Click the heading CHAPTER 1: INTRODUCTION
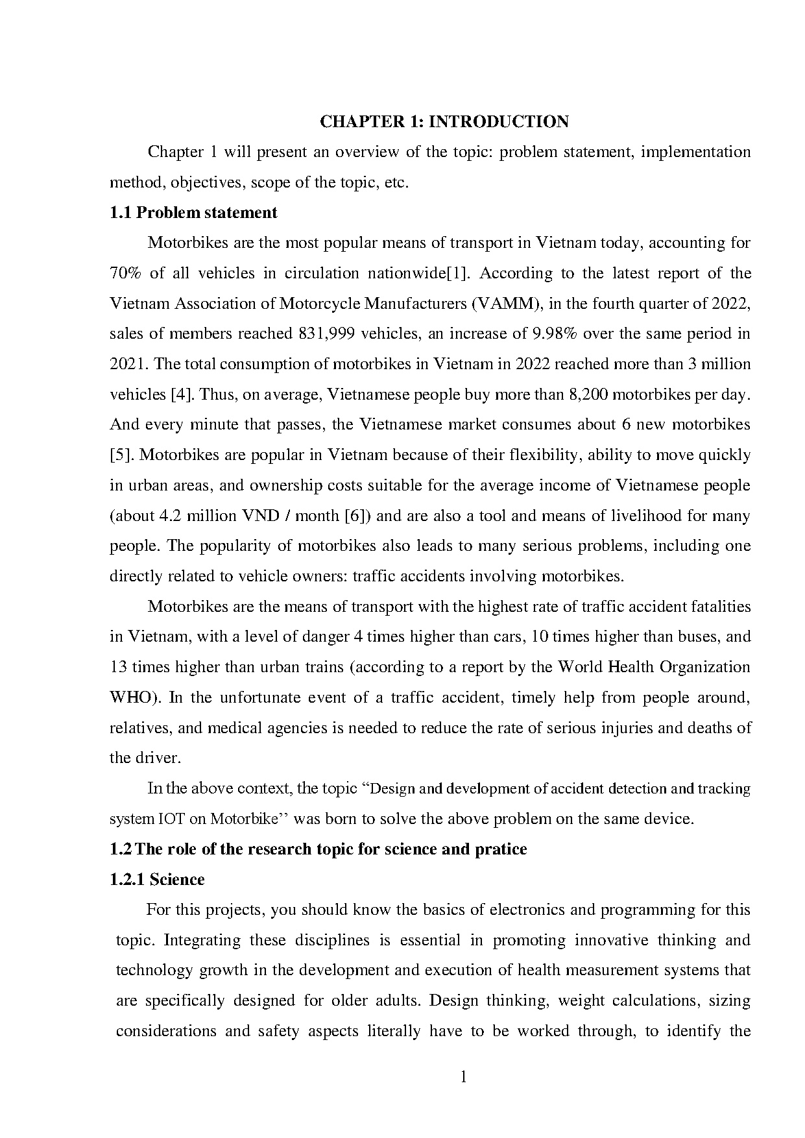click(x=444, y=121)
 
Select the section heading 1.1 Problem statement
click(x=193, y=212)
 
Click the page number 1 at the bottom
click(x=463, y=1078)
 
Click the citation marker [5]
click(x=121, y=455)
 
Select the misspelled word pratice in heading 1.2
click(x=500, y=849)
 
